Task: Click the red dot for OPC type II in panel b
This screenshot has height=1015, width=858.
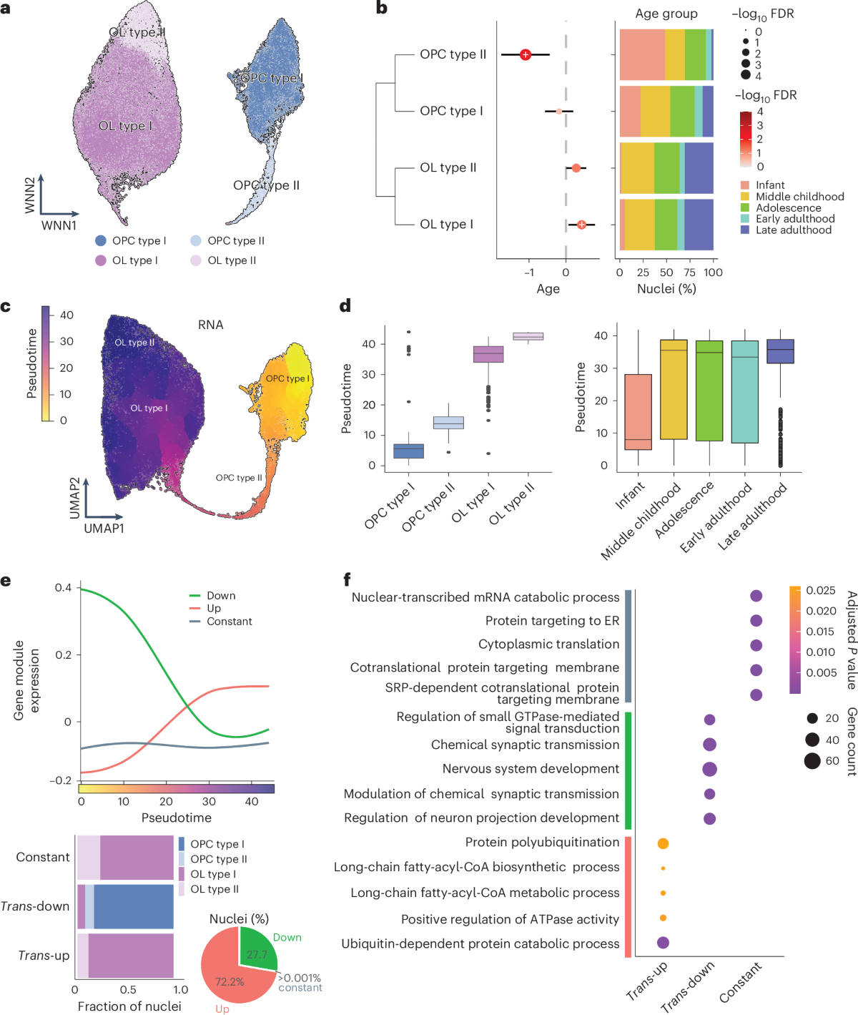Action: click(526, 54)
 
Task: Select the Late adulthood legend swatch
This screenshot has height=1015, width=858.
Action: click(745, 230)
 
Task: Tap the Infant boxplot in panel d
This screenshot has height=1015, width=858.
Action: click(638, 411)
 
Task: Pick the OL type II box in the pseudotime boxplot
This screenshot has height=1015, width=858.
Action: click(528, 336)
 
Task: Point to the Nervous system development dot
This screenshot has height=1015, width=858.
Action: click(709, 769)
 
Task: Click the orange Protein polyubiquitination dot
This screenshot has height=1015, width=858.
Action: click(663, 843)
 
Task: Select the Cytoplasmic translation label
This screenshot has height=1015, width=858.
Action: click(548, 644)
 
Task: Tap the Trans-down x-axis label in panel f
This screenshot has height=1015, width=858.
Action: click(686, 987)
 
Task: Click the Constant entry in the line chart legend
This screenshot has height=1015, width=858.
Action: click(229, 622)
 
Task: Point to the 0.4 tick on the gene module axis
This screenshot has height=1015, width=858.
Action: click(63, 587)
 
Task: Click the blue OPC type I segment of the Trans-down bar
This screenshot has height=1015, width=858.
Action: click(134, 906)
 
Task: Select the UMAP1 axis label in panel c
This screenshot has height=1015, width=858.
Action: click(104, 528)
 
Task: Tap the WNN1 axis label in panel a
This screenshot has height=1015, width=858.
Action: click(59, 225)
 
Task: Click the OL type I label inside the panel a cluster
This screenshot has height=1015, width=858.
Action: click(125, 126)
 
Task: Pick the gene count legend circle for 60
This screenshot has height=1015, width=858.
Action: click(812, 760)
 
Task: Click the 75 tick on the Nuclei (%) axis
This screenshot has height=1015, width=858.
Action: click(689, 273)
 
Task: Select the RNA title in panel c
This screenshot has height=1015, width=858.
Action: click(210, 325)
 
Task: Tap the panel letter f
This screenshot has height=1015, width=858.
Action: click(347, 579)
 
